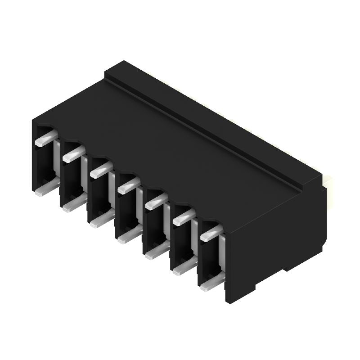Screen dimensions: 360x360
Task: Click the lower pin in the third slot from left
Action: click(100, 220)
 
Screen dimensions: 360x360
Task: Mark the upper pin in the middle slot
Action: click(128, 184)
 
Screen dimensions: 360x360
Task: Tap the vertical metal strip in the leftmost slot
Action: click(57, 162)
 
